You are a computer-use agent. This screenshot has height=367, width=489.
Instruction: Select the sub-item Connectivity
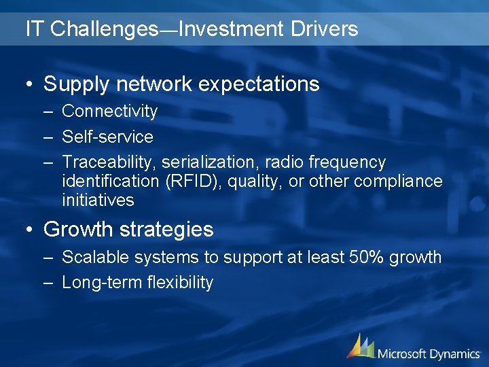tap(109, 111)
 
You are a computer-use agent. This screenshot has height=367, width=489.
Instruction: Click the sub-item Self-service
tap(107, 137)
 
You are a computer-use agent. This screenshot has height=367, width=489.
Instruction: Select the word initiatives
tap(98, 200)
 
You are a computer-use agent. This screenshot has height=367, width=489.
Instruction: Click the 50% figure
tap(361, 258)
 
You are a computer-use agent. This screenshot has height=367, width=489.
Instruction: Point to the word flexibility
tap(181, 283)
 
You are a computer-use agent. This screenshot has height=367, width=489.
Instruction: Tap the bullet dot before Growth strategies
tap(30, 230)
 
